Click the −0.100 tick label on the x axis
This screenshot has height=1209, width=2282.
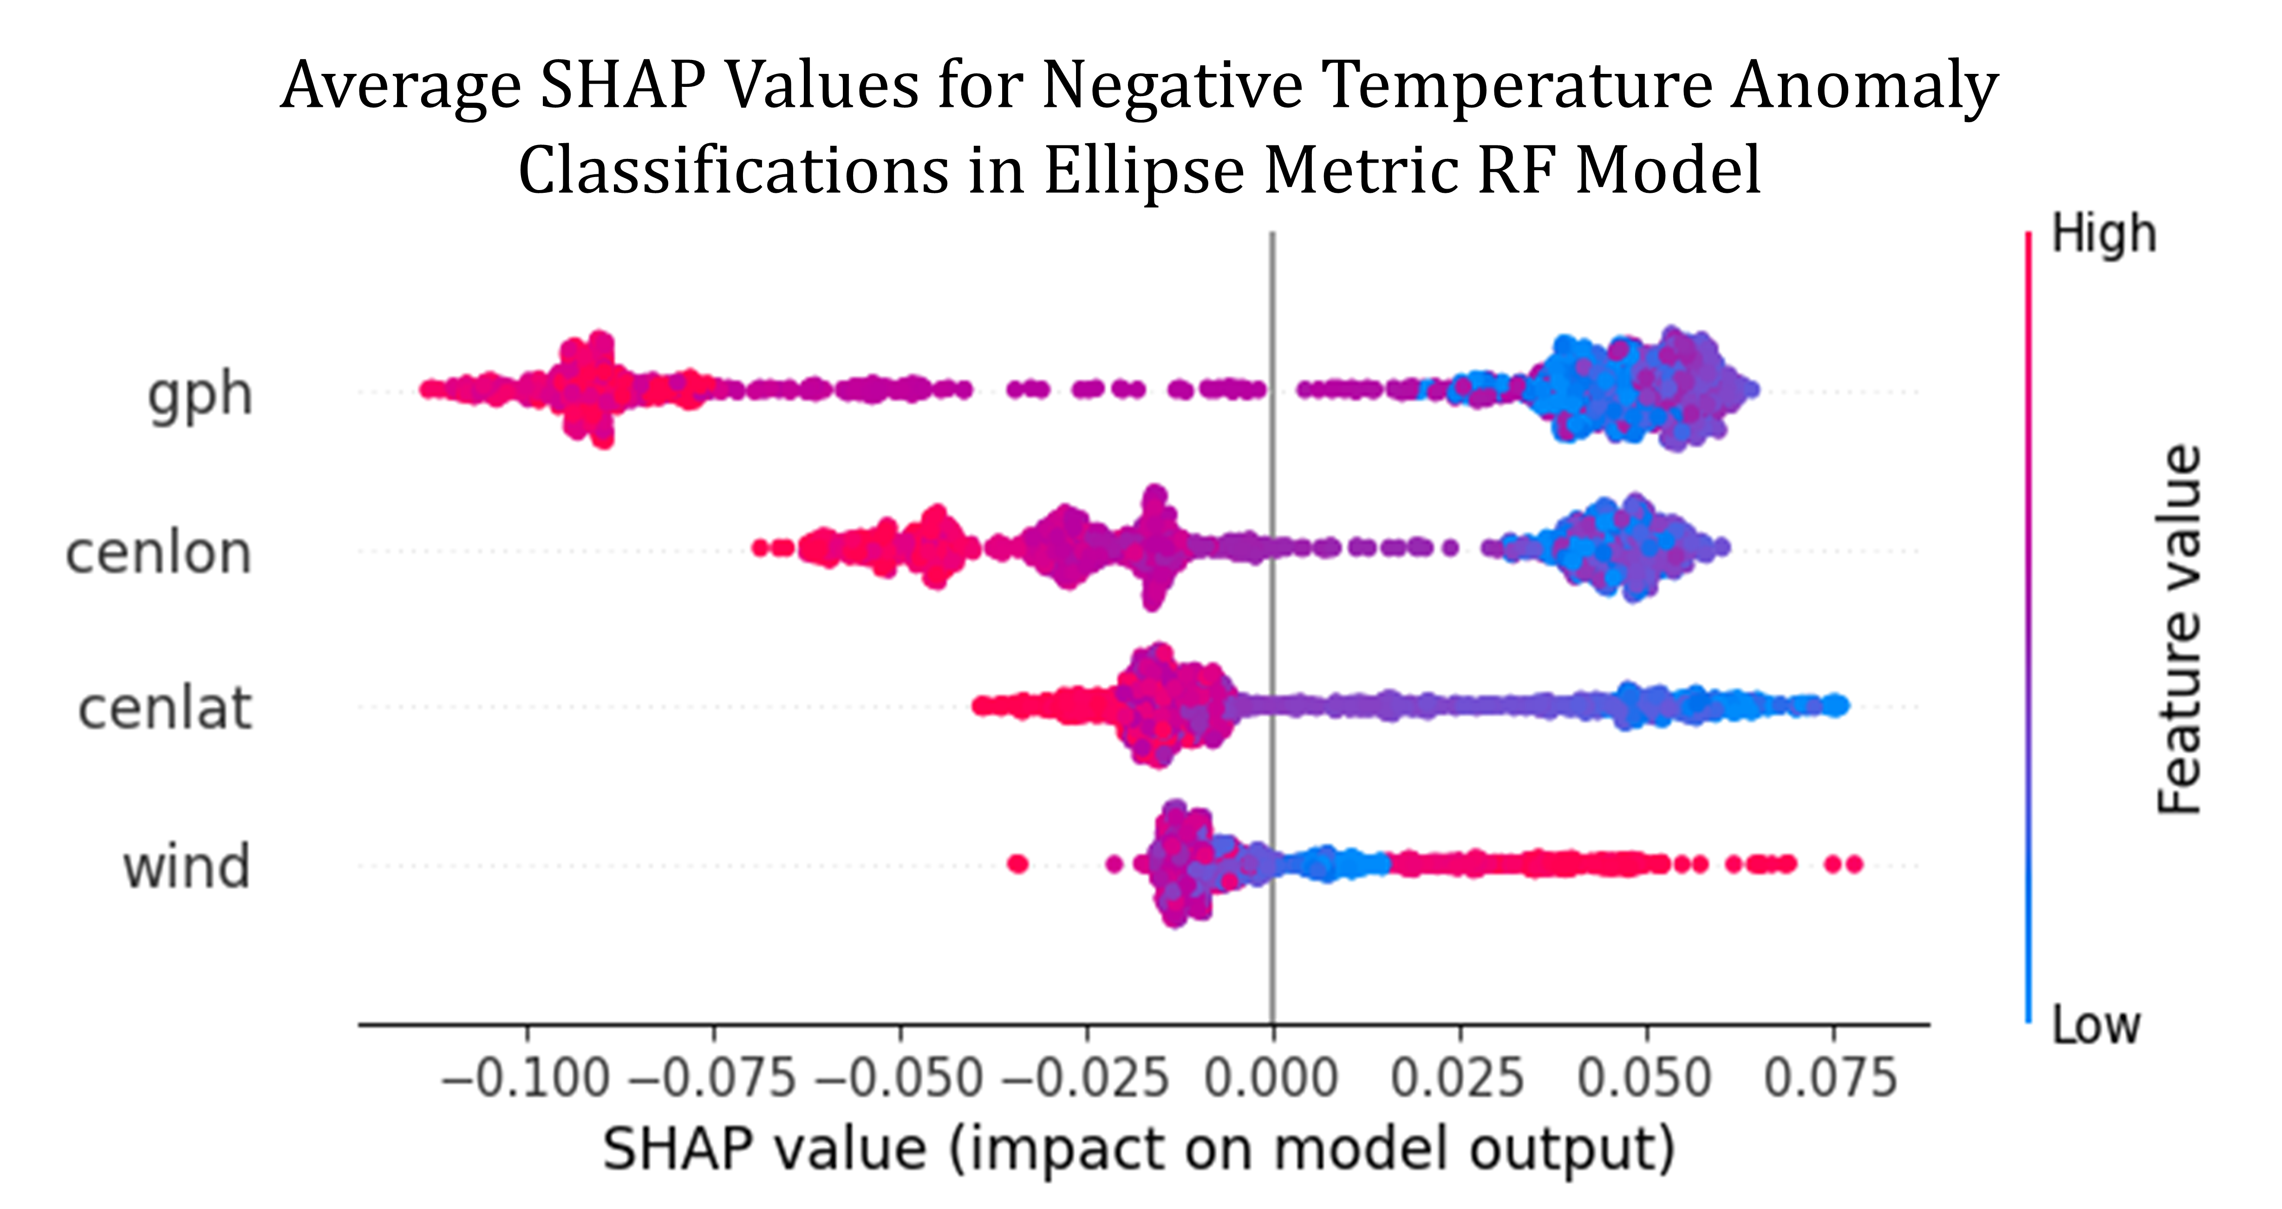pyautogui.click(x=526, y=1078)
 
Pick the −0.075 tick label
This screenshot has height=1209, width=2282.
pyautogui.click(x=713, y=1078)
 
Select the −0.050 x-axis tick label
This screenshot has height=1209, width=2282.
pyautogui.click(x=900, y=1078)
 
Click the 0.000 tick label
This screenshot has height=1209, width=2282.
pyautogui.click(x=1272, y=1078)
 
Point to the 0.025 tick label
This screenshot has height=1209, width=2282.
pyautogui.click(x=1458, y=1078)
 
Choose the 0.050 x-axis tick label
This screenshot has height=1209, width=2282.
pyautogui.click(x=1645, y=1078)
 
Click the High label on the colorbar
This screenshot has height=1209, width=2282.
pyautogui.click(x=2104, y=236)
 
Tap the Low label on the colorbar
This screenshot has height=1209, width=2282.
pyautogui.click(x=2096, y=1025)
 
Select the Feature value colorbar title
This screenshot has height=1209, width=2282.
pyautogui.click(x=2179, y=629)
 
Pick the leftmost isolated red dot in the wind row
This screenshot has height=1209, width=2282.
pyautogui.click(x=1018, y=863)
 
